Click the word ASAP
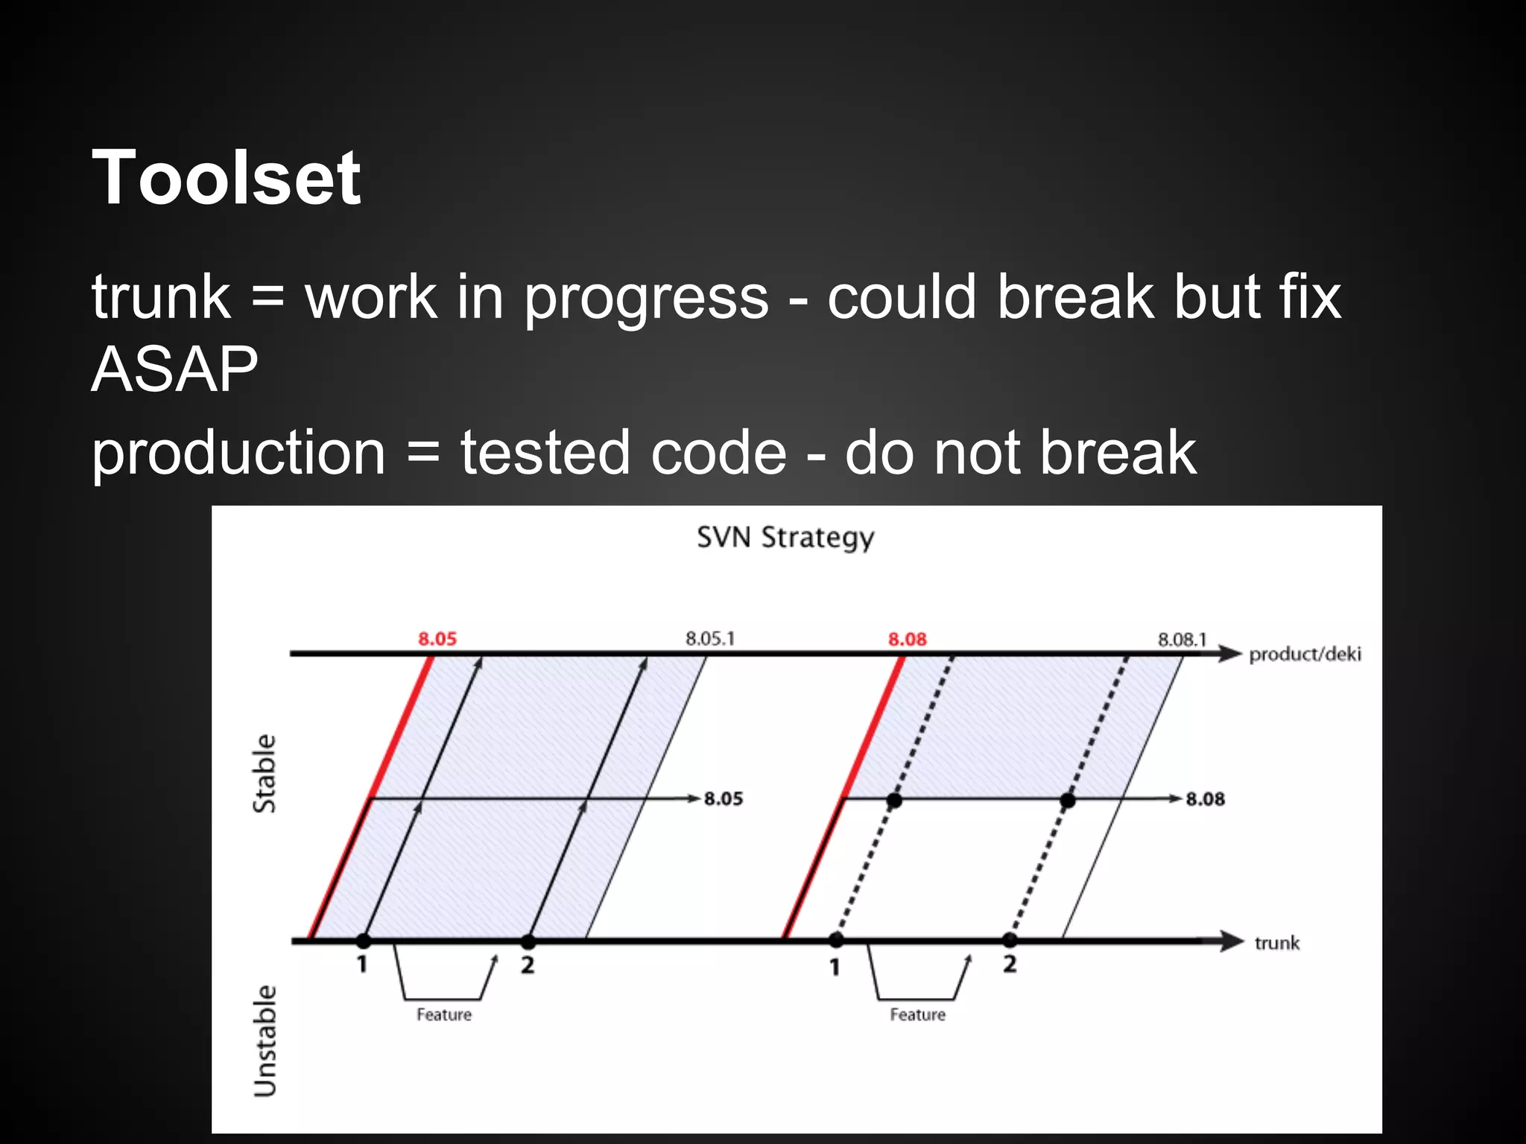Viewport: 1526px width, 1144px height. click(174, 369)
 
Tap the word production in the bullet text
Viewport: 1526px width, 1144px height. click(238, 453)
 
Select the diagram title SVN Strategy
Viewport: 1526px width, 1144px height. click(785, 538)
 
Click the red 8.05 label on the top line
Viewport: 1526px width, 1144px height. click(437, 639)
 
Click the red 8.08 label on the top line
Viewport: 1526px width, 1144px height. click(907, 639)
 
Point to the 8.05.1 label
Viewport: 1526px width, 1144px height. click(709, 638)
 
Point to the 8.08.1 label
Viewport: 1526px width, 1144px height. click(1181, 639)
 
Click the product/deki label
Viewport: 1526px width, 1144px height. click(1304, 654)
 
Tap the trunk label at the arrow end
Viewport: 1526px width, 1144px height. click(1276, 943)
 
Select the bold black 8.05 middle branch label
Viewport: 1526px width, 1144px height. click(723, 798)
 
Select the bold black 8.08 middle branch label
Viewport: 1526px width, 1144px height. click(1205, 799)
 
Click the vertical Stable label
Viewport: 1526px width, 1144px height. click(265, 773)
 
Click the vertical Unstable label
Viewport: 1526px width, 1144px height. click(265, 1040)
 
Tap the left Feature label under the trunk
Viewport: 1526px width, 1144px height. click(443, 1014)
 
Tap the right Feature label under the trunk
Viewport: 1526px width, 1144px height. click(917, 1014)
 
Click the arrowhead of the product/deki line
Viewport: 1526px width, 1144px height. click(1229, 654)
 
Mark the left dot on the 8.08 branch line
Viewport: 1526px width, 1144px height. click(894, 801)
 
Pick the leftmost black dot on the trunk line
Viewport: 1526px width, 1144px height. click(363, 940)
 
